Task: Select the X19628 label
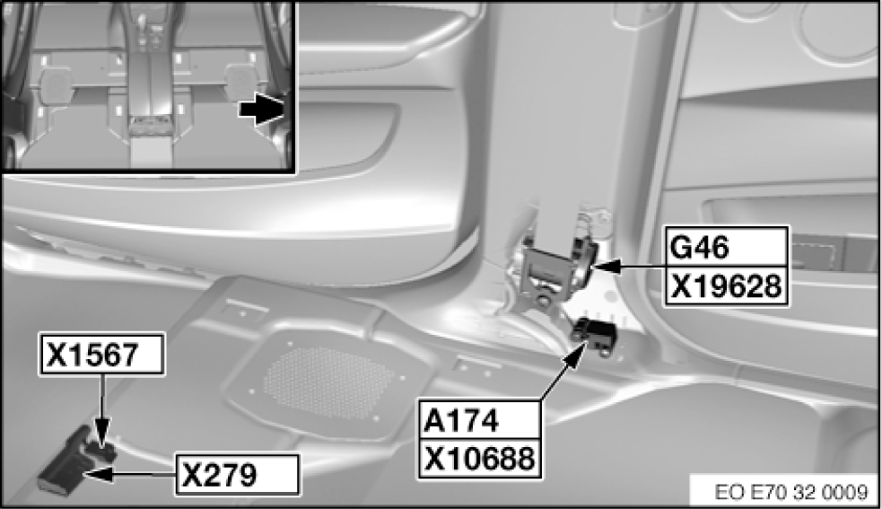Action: (x=726, y=288)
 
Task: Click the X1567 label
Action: (x=101, y=355)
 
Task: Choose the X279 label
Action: (x=235, y=473)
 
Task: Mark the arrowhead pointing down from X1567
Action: (x=104, y=437)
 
